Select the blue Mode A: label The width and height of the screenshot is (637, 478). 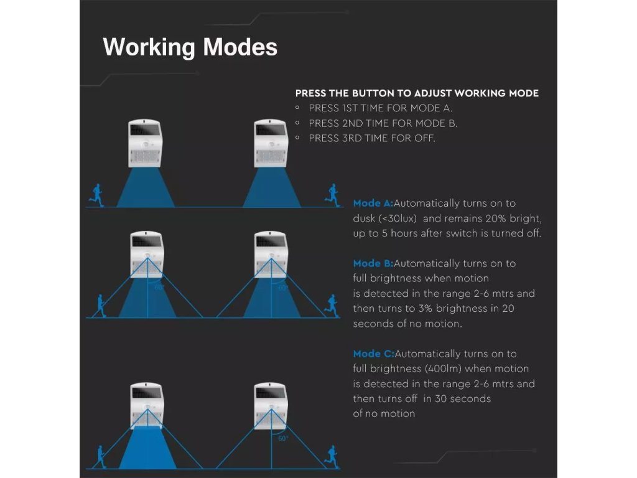click(373, 204)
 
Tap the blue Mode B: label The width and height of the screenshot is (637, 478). click(373, 263)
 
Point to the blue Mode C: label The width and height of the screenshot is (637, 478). click(373, 354)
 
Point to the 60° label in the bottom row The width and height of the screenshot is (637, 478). click(283, 438)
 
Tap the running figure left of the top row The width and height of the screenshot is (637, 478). click(96, 195)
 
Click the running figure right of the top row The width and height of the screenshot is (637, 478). click(332, 194)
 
